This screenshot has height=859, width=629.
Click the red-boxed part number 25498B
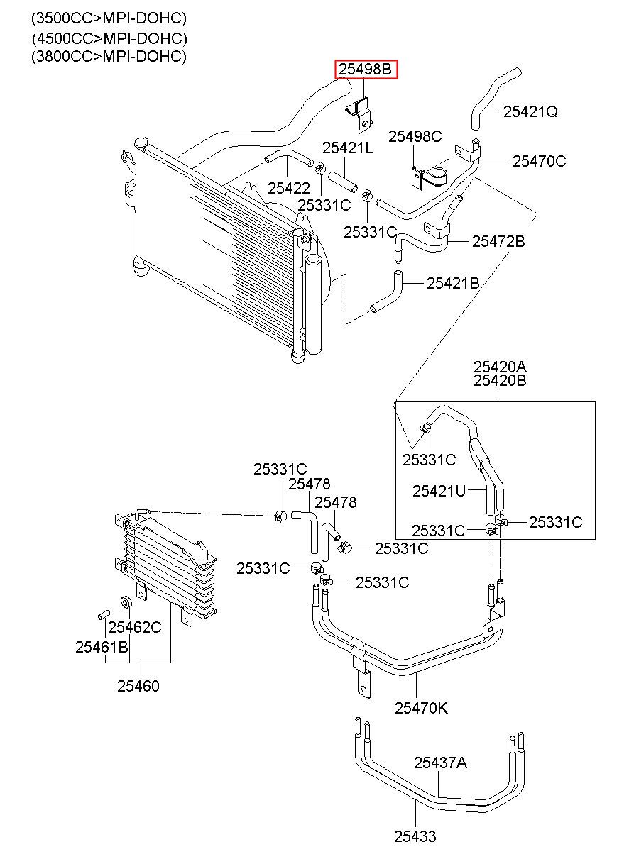pos(365,70)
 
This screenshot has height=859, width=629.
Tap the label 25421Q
pos(530,111)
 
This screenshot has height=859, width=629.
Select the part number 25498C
pos(415,136)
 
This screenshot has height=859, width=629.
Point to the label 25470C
pos(540,161)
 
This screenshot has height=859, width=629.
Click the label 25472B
pos(498,242)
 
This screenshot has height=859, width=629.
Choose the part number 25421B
pos(453,284)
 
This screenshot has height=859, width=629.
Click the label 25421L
pos(347,148)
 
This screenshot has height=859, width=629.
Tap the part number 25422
pos(289,188)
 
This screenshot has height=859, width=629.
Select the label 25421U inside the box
pos(439,491)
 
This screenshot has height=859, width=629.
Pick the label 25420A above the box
pos(500,367)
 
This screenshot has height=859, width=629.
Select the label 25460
pos(138,686)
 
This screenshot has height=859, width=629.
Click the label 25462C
pos(134,627)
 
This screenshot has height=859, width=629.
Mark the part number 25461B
pos(102,647)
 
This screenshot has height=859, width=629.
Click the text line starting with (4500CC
pos(109,38)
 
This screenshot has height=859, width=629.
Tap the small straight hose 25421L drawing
pos(343,182)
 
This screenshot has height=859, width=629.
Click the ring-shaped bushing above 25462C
pos(126,602)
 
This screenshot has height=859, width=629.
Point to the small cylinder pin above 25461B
pos(103,614)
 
